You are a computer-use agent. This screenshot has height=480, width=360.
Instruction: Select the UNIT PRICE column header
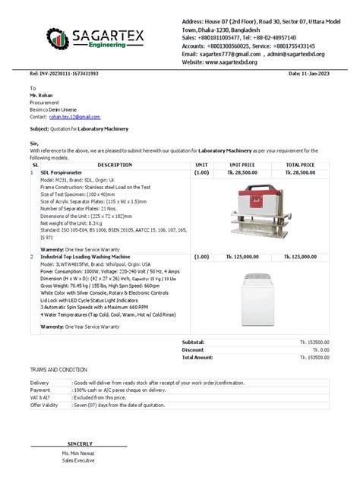tap(242, 164)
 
